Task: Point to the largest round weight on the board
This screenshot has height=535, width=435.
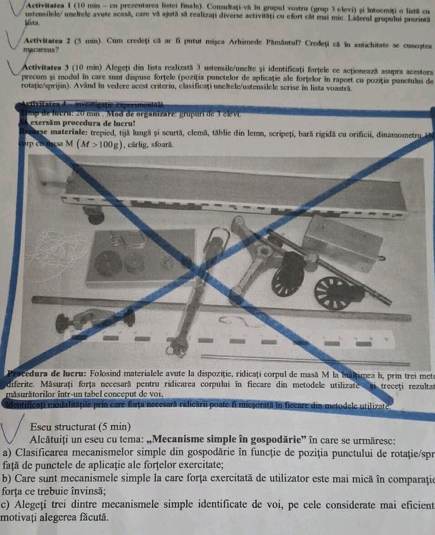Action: click(108, 263)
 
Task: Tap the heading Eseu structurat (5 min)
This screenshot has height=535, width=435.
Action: click(80, 427)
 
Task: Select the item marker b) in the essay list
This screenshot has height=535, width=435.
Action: click(8, 478)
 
